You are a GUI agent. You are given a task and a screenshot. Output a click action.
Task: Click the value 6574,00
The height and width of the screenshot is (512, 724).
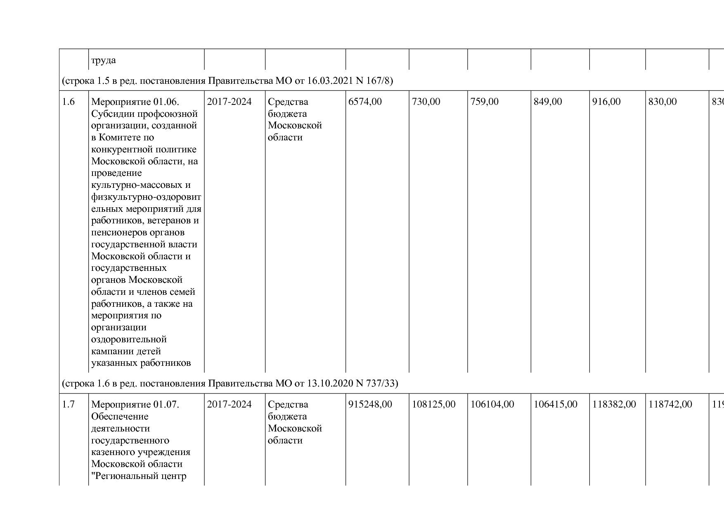[x=365, y=102]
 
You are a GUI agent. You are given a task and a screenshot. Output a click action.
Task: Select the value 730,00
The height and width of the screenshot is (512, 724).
[x=426, y=102]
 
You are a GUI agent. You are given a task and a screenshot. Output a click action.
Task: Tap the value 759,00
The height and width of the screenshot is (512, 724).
[x=485, y=102]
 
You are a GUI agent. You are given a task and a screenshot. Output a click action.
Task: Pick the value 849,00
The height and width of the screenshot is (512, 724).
[x=548, y=102]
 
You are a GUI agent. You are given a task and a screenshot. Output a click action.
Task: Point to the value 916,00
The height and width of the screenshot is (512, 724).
[x=606, y=102]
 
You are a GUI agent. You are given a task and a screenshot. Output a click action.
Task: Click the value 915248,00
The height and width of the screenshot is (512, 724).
[x=370, y=404]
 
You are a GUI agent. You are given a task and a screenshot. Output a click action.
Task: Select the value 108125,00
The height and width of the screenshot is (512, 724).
[x=433, y=404]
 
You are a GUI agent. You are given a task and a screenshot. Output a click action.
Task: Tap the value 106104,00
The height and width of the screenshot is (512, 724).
[x=492, y=404]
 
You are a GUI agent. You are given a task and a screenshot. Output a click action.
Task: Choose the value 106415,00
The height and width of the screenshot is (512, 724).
[x=556, y=404]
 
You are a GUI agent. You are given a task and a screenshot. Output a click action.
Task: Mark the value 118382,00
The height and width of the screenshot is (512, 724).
[x=614, y=404]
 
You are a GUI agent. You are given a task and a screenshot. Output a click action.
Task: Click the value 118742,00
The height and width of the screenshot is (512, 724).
[x=670, y=404]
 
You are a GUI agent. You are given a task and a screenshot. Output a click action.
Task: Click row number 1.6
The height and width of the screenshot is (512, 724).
[x=69, y=102]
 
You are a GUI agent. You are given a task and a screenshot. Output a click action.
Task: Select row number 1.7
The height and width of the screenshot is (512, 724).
[x=69, y=404]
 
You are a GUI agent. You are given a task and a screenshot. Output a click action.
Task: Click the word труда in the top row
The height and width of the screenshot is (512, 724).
[x=103, y=60]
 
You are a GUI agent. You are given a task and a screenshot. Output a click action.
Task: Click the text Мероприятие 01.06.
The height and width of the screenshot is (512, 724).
[x=135, y=102]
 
